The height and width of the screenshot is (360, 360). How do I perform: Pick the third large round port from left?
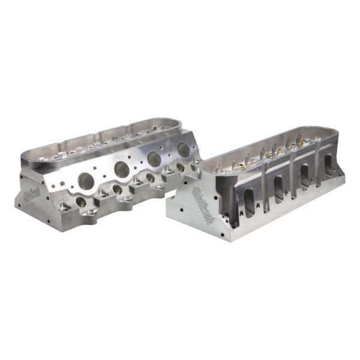pyautogui.click(x=154, y=160)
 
